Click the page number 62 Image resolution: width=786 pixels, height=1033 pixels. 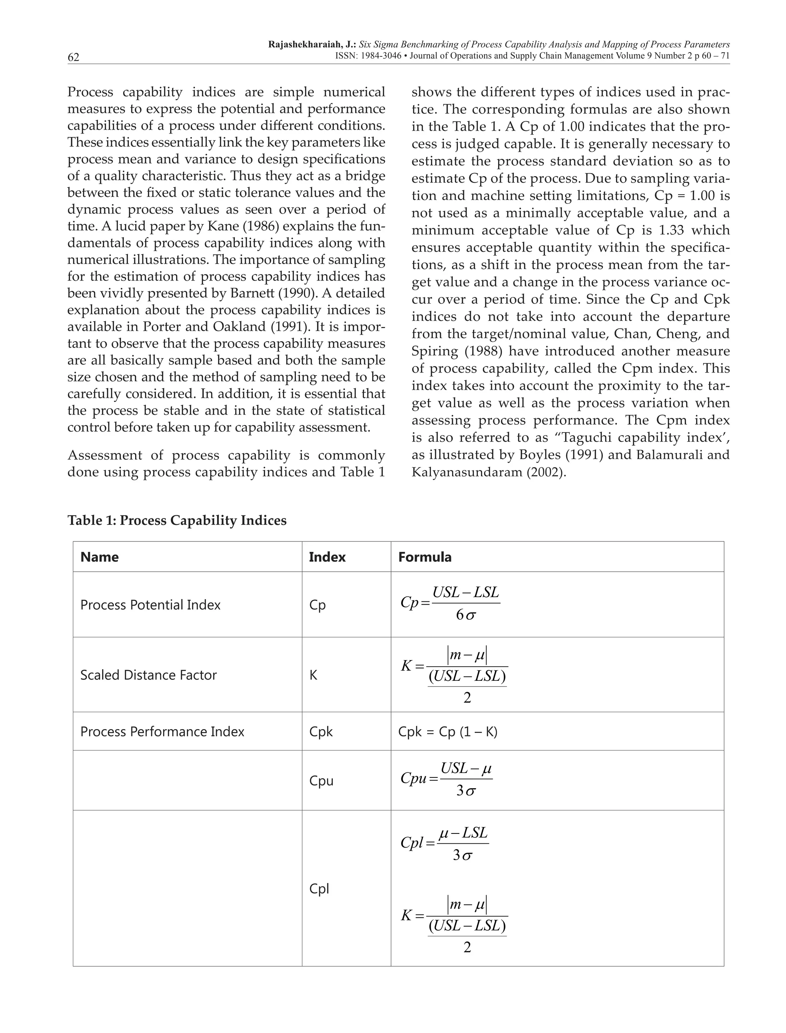click(x=73, y=57)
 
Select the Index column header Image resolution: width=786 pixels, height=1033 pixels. click(x=327, y=557)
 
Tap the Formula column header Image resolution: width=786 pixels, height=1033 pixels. click(x=424, y=557)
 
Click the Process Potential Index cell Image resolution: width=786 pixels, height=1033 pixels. click(x=150, y=605)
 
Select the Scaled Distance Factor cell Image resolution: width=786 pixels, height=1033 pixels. click(x=148, y=675)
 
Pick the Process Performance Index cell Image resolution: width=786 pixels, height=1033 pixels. click(x=162, y=732)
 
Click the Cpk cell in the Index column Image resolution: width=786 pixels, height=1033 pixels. click(x=321, y=732)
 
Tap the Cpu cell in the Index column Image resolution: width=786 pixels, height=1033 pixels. click(x=321, y=781)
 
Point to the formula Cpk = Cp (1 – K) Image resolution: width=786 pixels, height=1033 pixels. click(x=447, y=732)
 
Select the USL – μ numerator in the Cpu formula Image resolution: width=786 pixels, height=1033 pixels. click(x=466, y=768)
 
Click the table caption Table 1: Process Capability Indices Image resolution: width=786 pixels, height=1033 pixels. click(x=177, y=520)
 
